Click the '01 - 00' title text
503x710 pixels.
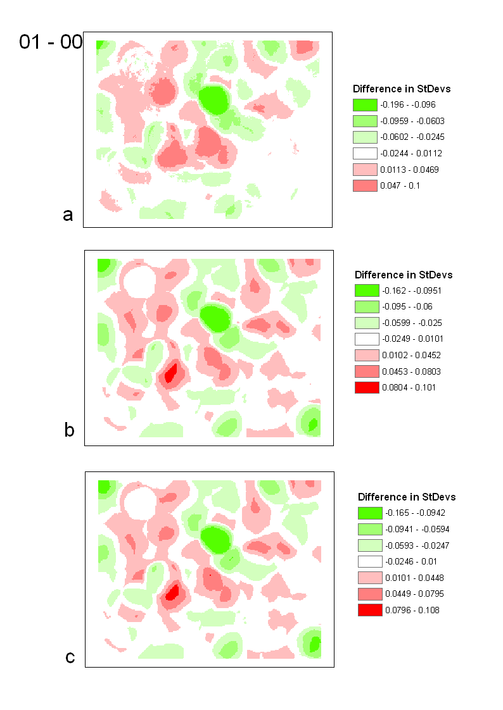pos(51,42)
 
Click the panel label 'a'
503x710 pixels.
pos(68,215)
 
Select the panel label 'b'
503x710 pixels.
pos(70,430)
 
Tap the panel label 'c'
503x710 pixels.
pos(70,657)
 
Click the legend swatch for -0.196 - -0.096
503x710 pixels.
pos(365,104)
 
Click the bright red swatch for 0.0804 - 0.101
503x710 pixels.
pos(367,387)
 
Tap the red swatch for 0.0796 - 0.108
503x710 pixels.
pos(370,610)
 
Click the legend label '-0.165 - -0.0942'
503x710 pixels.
pos(416,513)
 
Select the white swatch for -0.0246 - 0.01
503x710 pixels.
pos(370,561)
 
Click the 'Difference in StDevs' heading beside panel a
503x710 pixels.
pos(402,89)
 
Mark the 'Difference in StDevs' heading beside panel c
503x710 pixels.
pos(407,497)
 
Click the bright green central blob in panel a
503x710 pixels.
pos(213,100)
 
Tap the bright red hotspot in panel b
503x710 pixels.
pos(170,373)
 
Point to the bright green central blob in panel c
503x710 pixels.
pos(217,539)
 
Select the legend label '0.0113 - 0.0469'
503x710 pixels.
pos(409,170)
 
